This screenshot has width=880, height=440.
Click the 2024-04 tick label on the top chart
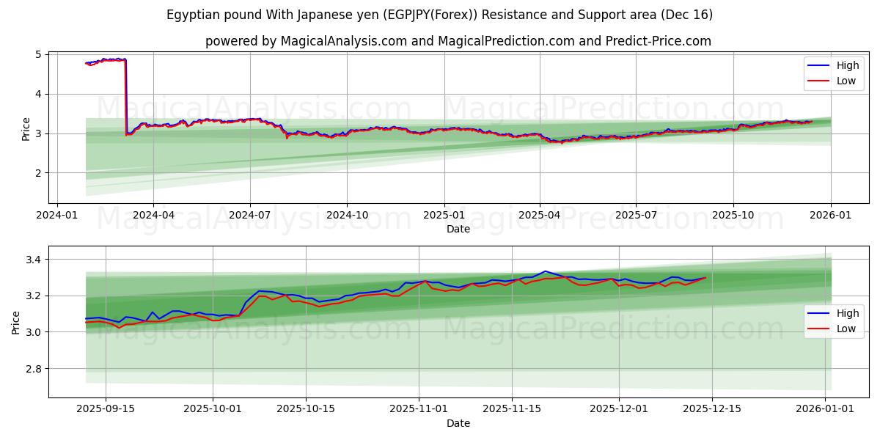coord(153,216)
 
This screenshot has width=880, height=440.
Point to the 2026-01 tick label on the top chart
coord(830,216)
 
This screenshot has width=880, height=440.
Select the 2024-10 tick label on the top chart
coord(347,216)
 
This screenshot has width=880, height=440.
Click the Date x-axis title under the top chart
coord(458,229)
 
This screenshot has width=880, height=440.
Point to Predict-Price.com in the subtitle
coord(658,41)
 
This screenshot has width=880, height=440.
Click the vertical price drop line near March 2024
coord(126,95)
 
